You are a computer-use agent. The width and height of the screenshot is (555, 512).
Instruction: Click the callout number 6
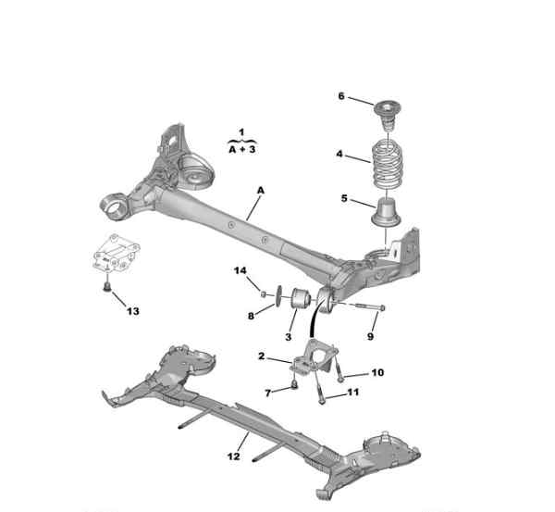[341, 96]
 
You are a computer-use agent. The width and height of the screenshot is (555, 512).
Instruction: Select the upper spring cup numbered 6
[388, 117]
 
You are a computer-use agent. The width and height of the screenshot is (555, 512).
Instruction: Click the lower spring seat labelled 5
[386, 213]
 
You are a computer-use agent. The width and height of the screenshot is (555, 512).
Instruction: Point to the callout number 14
[240, 270]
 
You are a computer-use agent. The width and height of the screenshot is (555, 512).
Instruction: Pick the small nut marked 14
[263, 294]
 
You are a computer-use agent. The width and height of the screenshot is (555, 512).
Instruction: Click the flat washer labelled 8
[277, 295]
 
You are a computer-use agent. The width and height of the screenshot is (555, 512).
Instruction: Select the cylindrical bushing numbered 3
[301, 298]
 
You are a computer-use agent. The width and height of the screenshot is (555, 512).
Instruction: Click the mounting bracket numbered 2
[315, 356]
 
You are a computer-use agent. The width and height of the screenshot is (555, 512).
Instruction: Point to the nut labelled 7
[293, 384]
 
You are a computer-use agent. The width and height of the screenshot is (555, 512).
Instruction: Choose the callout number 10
[377, 372]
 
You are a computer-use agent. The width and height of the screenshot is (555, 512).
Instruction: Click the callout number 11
[353, 393]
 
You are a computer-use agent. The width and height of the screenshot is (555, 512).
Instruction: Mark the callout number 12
[234, 456]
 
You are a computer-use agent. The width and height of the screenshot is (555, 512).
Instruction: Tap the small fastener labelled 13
[106, 287]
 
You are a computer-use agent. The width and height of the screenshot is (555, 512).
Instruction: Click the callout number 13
[132, 311]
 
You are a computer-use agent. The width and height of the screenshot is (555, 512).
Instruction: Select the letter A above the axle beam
[261, 191]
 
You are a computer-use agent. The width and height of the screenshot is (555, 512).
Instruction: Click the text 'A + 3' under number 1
[242, 149]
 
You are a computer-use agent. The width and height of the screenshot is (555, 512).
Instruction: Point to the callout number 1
[241, 132]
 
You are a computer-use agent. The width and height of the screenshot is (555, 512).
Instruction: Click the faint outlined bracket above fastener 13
[115, 255]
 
